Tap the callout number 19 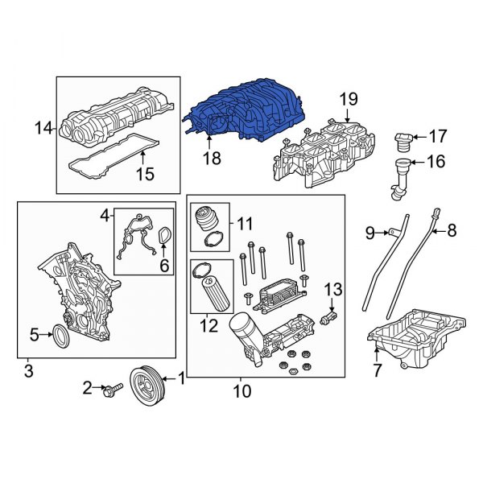tap(347, 101)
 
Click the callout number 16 tap(435, 162)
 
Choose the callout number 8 tap(451, 232)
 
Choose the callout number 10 tap(241, 392)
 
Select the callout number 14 tap(43, 126)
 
